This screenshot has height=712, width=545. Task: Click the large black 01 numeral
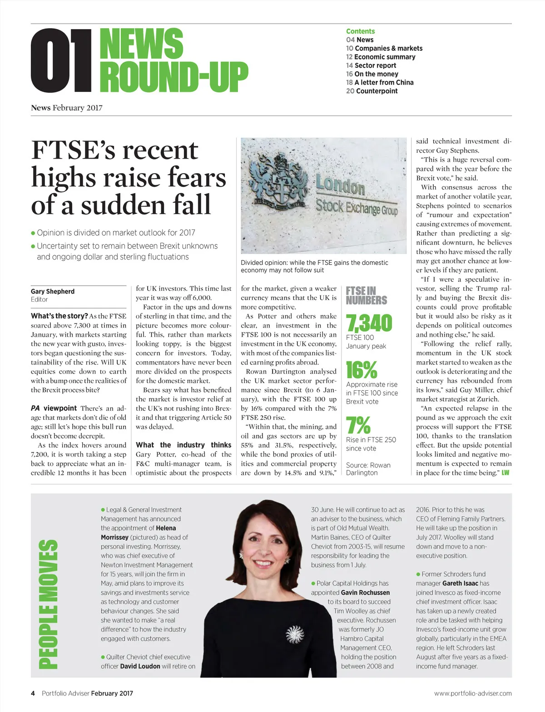click(61, 60)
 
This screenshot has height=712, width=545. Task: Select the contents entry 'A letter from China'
click(380, 82)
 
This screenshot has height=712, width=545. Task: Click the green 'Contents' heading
click(360, 31)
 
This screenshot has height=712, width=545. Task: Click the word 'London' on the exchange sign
click(340, 186)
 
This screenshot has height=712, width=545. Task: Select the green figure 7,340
click(369, 323)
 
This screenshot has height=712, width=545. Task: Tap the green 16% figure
click(362, 370)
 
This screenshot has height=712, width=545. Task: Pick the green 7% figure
click(358, 425)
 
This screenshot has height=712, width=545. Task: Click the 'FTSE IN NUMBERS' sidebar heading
click(366, 295)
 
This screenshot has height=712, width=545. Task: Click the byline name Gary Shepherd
click(53, 291)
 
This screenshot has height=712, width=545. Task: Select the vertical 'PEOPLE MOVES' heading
click(48, 604)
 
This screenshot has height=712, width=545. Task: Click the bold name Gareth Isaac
click(460, 583)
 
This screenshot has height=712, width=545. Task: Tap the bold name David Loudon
click(140, 666)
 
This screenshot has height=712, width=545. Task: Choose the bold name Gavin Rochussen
click(365, 593)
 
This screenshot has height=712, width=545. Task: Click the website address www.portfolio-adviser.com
click(472, 693)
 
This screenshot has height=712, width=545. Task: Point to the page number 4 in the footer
click(33, 693)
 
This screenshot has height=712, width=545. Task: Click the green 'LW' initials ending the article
click(505, 473)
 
